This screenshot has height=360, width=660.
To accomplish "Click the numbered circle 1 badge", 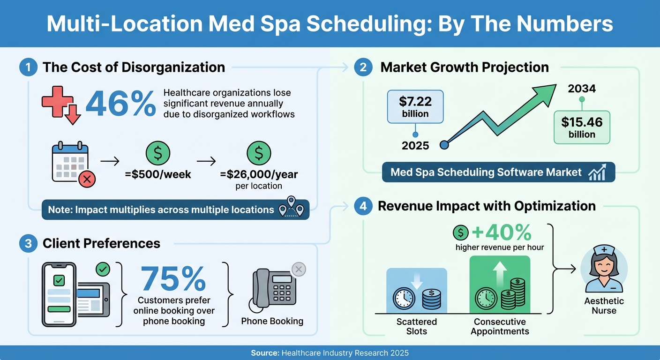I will (29, 67).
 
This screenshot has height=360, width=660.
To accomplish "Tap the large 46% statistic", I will (121, 104).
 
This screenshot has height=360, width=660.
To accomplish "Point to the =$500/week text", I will (157, 174).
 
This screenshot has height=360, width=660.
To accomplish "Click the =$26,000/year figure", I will (259, 174).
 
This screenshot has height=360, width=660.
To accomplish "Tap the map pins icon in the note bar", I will (291, 209).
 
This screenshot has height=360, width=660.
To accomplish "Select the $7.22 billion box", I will (415, 107).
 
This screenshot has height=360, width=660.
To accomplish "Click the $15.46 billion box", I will (582, 127).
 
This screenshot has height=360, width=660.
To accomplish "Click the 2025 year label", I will (415, 146).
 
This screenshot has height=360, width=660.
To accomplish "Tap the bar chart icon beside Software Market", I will (597, 172).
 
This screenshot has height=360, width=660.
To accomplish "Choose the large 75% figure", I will (173, 279).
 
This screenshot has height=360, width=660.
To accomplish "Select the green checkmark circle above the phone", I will (103, 269).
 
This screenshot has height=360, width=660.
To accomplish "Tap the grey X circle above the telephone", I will (299, 269).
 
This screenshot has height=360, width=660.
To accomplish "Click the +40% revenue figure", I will (502, 232).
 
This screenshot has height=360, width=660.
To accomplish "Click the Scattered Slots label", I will (416, 326).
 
